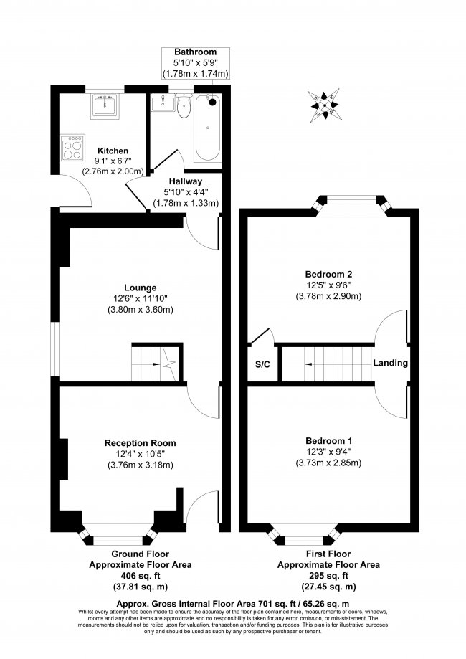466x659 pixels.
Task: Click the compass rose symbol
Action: (323, 103)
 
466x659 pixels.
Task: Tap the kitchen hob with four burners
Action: (72, 148)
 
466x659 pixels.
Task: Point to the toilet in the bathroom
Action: (184, 106)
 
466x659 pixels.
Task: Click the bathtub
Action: (208, 128)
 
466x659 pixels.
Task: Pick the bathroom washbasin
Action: (161, 103)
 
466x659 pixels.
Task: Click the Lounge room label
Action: (141, 288)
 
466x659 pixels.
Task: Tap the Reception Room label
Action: (141, 443)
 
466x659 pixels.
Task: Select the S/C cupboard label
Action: (262, 364)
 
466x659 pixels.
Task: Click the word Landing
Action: (390, 363)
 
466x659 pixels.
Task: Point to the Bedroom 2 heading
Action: (328, 275)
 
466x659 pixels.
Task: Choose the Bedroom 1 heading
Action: (328, 441)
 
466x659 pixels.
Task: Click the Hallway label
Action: (185, 181)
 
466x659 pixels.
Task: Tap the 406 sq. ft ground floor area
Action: (141, 576)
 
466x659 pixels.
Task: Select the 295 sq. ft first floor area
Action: (328, 576)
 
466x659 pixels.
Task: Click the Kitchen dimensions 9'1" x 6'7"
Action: (113, 161)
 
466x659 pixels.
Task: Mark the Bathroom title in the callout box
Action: (196, 52)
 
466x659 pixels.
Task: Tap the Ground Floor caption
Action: (141, 554)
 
